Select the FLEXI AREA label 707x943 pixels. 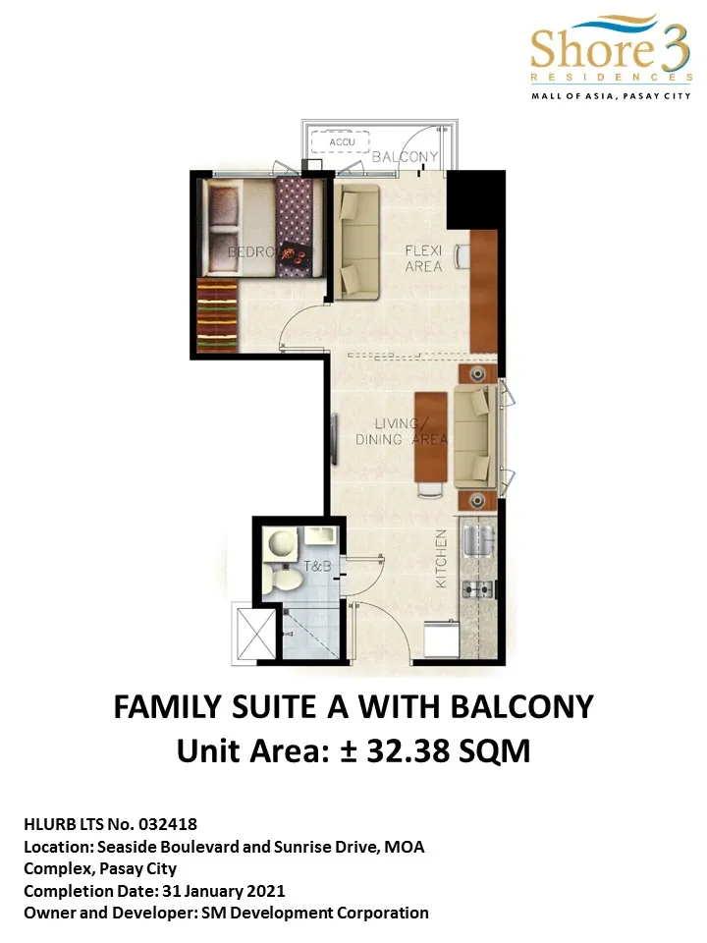point(423,258)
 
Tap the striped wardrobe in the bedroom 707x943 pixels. point(217,314)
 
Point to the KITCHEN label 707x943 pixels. point(442,559)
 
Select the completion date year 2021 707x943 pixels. point(266,891)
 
